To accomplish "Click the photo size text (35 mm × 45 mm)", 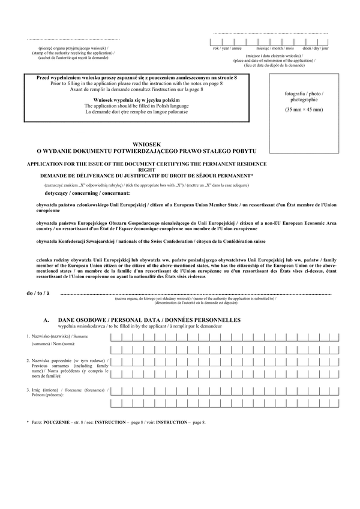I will click(304, 110).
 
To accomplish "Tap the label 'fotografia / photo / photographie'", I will click(304, 97).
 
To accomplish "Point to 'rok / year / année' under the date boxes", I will click(227, 47).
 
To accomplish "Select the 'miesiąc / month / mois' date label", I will click(275, 47).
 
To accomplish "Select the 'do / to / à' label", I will click(38, 293).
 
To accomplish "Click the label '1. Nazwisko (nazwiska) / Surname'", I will click(56, 336).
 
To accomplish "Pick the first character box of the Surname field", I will click(115, 337).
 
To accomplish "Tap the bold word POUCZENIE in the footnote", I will click(56, 423).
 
